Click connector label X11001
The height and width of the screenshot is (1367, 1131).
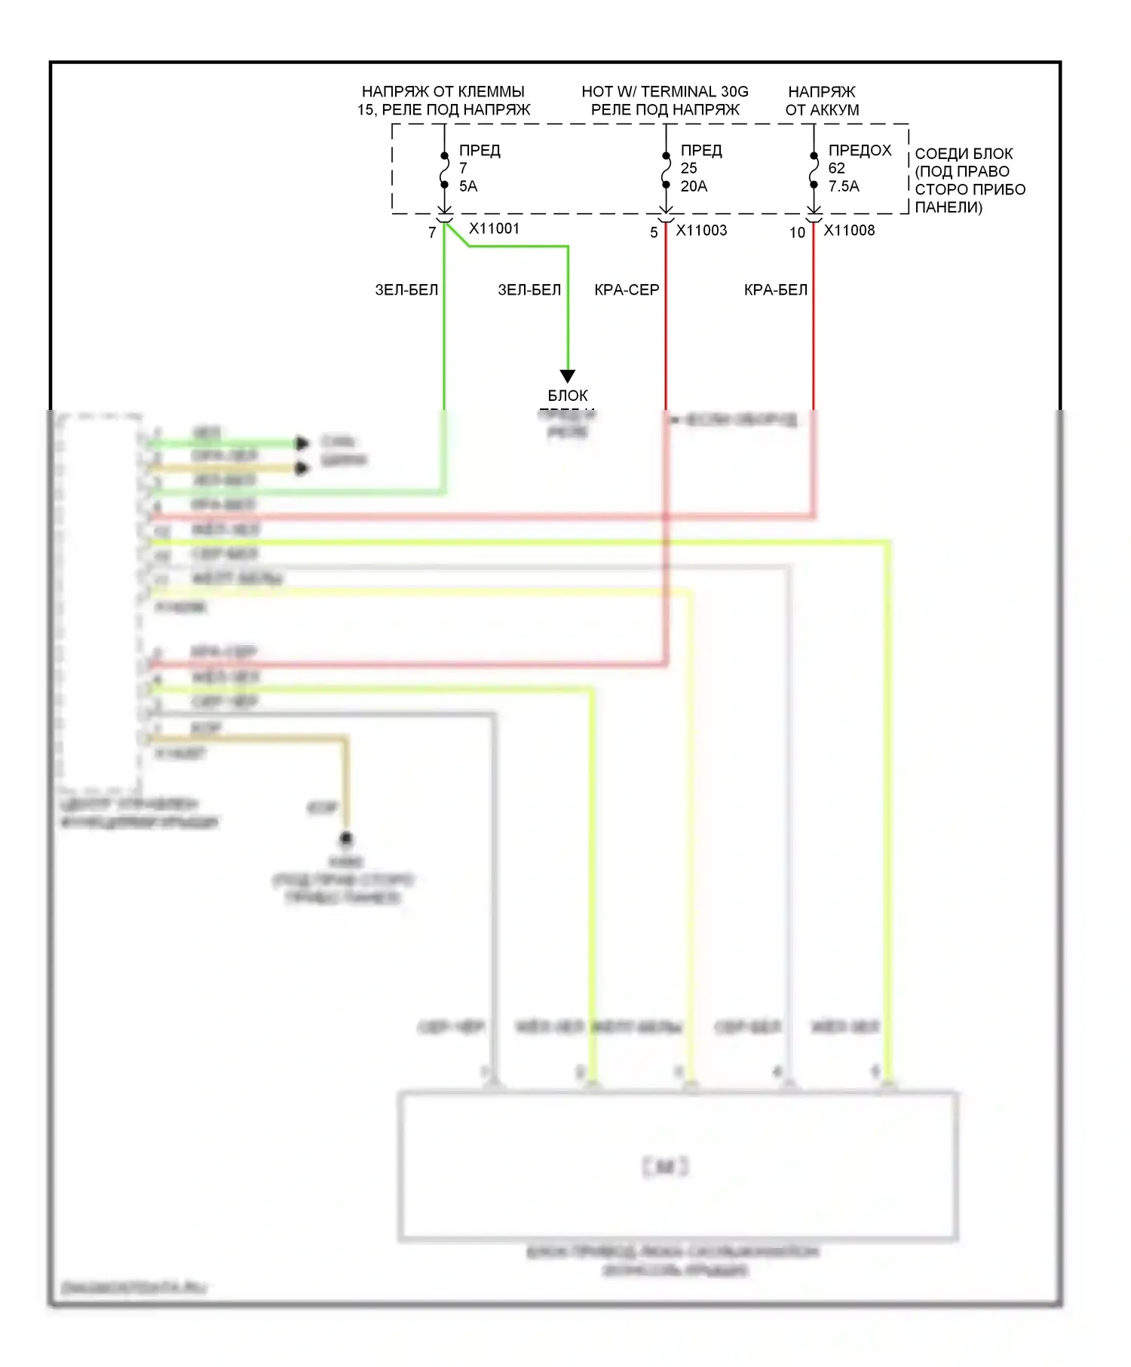[494, 228]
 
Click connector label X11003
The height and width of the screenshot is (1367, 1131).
[701, 231]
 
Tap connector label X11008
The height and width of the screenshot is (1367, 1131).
[849, 231]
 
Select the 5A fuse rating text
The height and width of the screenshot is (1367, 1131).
[468, 186]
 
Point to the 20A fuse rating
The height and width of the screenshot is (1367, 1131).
[694, 186]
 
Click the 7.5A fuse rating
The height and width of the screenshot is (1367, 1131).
[844, 186]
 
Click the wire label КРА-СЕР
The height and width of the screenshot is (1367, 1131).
[627, 290]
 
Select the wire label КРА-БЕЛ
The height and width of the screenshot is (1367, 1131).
[775, 290]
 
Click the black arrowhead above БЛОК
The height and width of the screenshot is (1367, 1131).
[568, 375]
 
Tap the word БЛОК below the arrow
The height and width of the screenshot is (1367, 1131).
[568, 396]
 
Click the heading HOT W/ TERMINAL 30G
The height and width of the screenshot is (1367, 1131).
[664, 92]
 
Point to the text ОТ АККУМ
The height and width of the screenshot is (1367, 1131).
[822, 110]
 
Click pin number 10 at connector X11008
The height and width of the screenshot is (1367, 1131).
[797, 233]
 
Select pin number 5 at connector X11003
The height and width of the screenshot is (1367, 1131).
[654, 233]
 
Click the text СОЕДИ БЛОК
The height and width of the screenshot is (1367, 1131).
[964, 154]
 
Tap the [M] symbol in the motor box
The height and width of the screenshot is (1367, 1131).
[665, 1167]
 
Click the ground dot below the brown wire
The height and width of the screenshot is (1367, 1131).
[346, 838]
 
